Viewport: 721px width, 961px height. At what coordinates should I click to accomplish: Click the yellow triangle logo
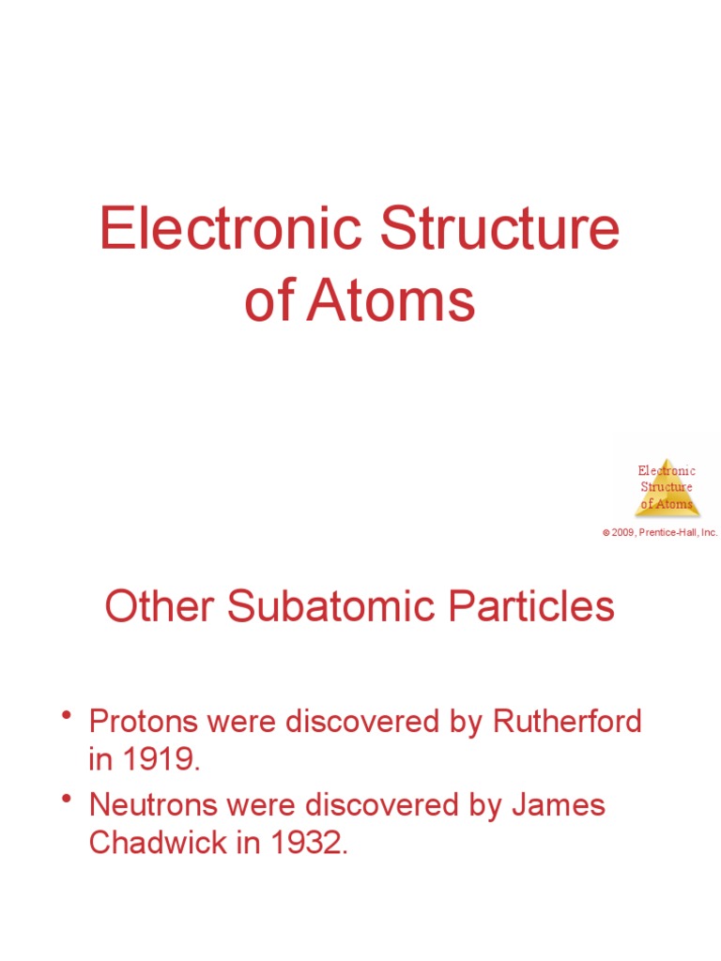point(667,488)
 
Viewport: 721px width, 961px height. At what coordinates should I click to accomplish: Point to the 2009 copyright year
point(623,532)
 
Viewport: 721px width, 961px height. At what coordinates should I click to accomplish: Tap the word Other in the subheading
point(159,606)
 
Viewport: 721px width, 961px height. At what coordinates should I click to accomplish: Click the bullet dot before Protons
point(67,718)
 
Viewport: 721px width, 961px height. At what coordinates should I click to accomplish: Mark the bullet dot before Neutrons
point(67,800)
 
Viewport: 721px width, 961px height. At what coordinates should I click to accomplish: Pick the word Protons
point(143,722)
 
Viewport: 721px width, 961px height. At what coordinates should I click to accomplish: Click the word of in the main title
point(269,302)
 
